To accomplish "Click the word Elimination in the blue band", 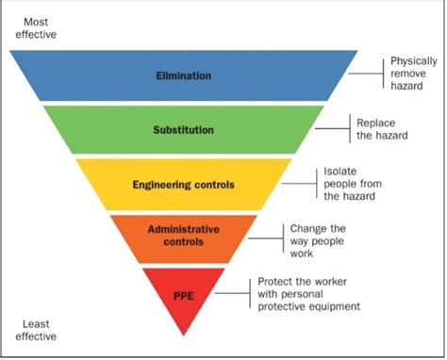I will pyautogui.click(x=185, y=74).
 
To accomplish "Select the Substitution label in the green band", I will pyautogui.click(x=185, y=129).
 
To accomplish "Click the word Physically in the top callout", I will pyautogui.click(x=414, y=61).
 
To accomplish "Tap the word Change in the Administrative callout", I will pyautogui.click(x=308, y=228).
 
